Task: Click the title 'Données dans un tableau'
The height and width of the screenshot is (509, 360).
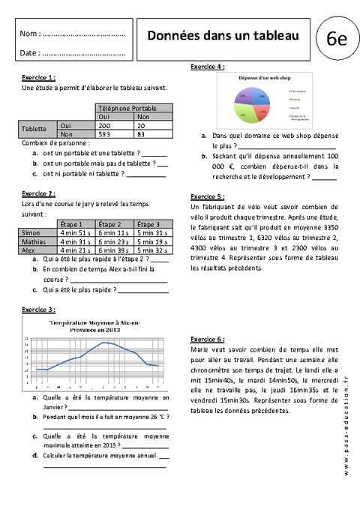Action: [222, 35]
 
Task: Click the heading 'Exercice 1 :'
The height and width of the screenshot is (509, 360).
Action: [38, 78]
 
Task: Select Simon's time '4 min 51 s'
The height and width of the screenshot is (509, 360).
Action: [75, 233]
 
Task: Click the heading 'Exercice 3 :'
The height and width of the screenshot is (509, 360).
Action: [38, 309]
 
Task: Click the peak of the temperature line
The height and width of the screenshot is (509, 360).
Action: [109, 343]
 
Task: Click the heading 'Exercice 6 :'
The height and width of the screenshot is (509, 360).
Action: [208, 339]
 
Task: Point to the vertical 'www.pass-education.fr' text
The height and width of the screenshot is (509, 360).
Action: [346, 427]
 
